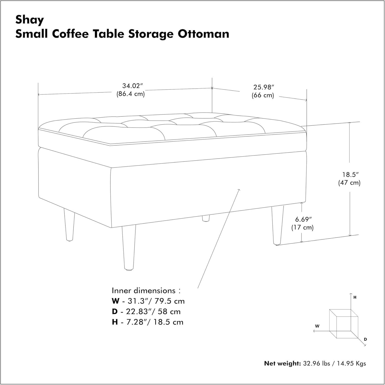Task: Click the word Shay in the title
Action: coord(30,20)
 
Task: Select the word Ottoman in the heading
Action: coord(203,34)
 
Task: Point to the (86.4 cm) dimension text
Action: coord(130,94)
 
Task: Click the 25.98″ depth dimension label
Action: coord(262,87)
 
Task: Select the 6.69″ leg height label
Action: coord(303,219)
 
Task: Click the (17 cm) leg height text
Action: coord(302,227)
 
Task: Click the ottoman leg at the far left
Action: coord(69,225)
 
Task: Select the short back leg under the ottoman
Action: coord(206,218)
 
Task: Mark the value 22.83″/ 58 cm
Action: coord(153,312)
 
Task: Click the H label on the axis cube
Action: coord(355,297)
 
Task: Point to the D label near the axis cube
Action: coord(365,339)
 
